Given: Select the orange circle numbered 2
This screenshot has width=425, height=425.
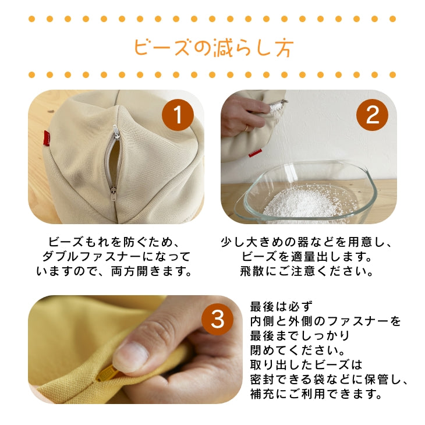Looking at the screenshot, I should point(371,115).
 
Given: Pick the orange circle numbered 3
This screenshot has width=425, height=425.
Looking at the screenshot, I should point(217,319).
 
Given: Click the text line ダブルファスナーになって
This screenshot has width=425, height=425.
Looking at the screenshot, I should point(116,256).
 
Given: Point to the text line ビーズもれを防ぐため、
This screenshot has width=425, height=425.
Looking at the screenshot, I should point(116,242).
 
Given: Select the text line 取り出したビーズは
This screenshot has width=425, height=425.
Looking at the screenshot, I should point(306,365).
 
